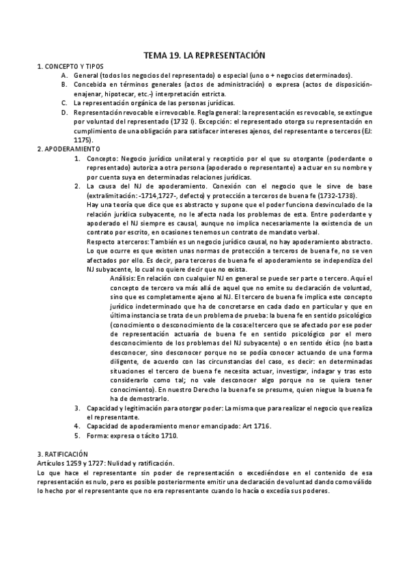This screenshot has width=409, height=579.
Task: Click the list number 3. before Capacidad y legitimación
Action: (x=78, y=407)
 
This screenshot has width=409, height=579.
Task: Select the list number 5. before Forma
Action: (x=78, y=435)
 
